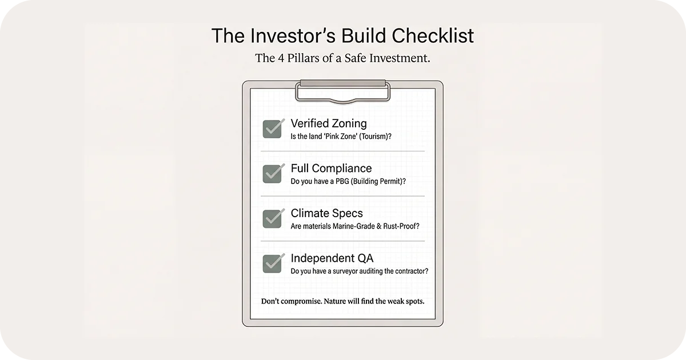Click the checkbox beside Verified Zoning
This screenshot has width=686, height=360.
point(272,129)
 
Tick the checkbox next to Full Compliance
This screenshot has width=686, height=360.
point(272,174)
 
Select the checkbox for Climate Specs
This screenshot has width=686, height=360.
point(272,218)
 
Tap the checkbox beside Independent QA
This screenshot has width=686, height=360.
point(272,263)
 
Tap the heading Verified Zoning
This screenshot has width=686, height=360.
point(329,123)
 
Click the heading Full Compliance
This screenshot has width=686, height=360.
point(331,168)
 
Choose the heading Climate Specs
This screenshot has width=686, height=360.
point(326,213)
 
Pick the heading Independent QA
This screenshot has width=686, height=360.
point(332,258)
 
